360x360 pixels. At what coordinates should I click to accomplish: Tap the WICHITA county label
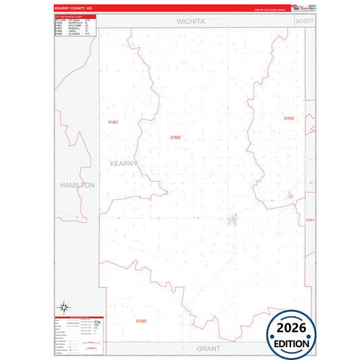click(190, 22)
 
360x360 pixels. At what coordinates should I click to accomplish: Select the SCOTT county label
click(305, 22)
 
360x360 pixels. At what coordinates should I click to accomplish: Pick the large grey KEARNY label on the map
click(124, 163)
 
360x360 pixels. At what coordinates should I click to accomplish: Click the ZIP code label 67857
click(112, 122)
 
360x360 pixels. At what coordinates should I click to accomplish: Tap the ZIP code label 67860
click(176, 137)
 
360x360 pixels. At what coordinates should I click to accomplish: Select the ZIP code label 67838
click(289, 118)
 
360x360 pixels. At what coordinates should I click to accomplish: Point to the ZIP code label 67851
click(310, 220)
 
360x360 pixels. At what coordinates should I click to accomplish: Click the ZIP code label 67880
click(140, 321)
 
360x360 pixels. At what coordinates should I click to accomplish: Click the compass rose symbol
click(63, 305)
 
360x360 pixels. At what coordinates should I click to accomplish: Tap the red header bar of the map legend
click(78, 316)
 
